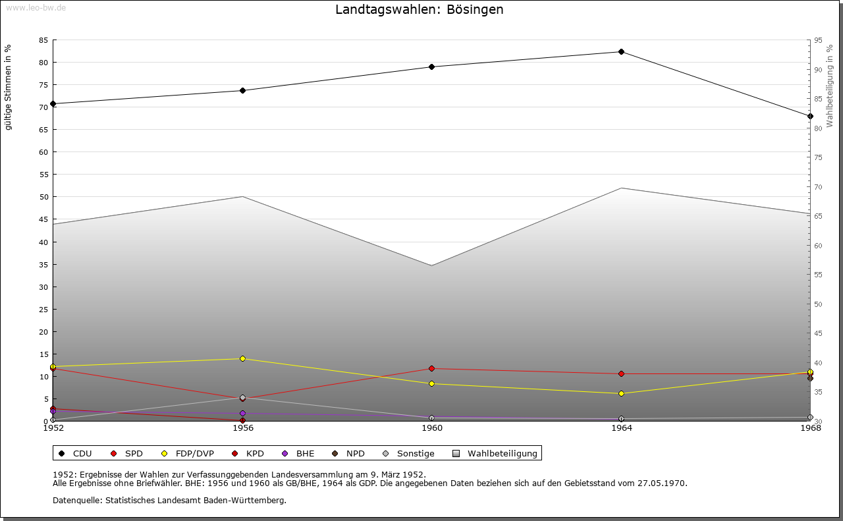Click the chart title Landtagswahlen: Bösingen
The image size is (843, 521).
click(420, 9)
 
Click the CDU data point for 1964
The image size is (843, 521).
click(621, 52)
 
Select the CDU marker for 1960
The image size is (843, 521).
click(431, 67)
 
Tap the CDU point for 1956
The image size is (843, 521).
click(242, 91)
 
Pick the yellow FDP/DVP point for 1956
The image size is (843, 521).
click(242, 359)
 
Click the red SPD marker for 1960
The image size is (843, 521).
click(431, 369)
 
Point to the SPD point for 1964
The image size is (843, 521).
click(621, 374)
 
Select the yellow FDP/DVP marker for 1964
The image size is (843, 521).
click(621, 394)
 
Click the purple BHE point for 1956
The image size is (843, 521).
click(242, 414)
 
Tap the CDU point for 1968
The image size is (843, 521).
click(810, 117)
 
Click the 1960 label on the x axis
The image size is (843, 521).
click(432, 428)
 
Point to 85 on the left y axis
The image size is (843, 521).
click(43, 40)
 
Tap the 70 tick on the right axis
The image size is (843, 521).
click(818, 187)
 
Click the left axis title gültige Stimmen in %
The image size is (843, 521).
click(9, 87)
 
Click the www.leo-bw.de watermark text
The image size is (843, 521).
click(36, 7)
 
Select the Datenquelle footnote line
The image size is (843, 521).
click(169, 501)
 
